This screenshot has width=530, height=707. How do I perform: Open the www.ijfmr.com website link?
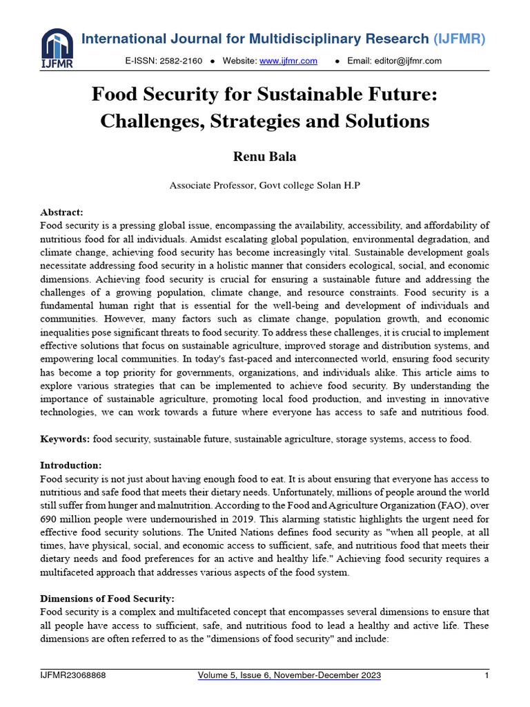pos(288,61)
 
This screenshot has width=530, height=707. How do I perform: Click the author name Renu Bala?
pos(264,157)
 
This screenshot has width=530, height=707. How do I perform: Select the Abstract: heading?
pos(61,212)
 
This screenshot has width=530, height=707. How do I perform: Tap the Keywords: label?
pos(65,438)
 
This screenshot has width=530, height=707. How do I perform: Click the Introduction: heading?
pos(70,465)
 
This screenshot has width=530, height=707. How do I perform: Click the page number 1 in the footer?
pos(487,675)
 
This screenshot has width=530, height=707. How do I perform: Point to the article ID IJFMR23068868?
pos(72,675)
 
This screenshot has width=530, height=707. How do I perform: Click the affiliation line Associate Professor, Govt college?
pos(228,185)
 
